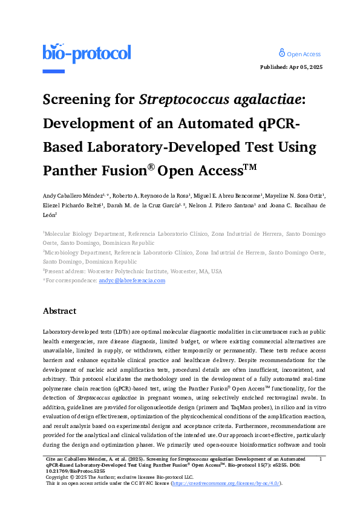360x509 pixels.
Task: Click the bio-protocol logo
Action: coord(87,54)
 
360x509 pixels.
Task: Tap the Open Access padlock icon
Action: coord(281,53)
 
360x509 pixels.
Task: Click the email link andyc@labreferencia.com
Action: coord(132,280)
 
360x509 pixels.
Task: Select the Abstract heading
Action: coord(59,311)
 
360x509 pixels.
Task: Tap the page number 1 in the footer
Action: coord(319,461)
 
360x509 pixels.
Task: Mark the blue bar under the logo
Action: coord(53,71)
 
